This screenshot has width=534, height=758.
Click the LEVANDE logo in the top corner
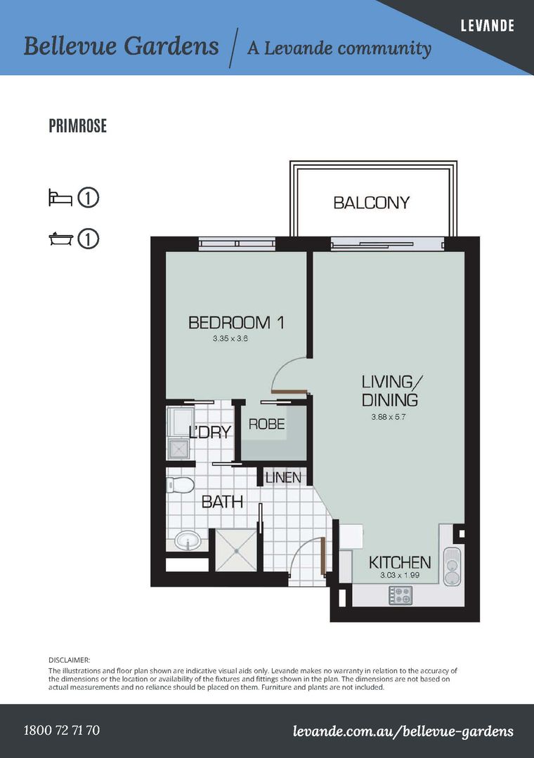[487, 26]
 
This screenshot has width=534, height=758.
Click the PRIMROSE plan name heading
[77, 126]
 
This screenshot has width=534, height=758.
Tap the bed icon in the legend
[60, 198]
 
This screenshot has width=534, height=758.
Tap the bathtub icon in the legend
[60, 239]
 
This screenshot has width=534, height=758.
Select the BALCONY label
[371, 203]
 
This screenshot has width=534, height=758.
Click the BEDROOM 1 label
[235, 323]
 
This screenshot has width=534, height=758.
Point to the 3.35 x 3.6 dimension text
[230, 338]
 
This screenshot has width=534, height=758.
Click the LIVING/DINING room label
[390, 391]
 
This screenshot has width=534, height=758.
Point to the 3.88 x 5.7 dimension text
[389, 418]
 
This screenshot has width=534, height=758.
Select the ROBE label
[266, 424]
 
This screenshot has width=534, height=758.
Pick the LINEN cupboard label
[283, 478]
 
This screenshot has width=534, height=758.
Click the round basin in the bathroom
[188, 541]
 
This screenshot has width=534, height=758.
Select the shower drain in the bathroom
[235, 550]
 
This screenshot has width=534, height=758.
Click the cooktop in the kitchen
[400, 595]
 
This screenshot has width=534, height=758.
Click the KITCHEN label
[400, 562]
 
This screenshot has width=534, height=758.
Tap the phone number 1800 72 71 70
[62, 730]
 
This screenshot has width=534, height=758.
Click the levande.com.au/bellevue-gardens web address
[403, 731]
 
